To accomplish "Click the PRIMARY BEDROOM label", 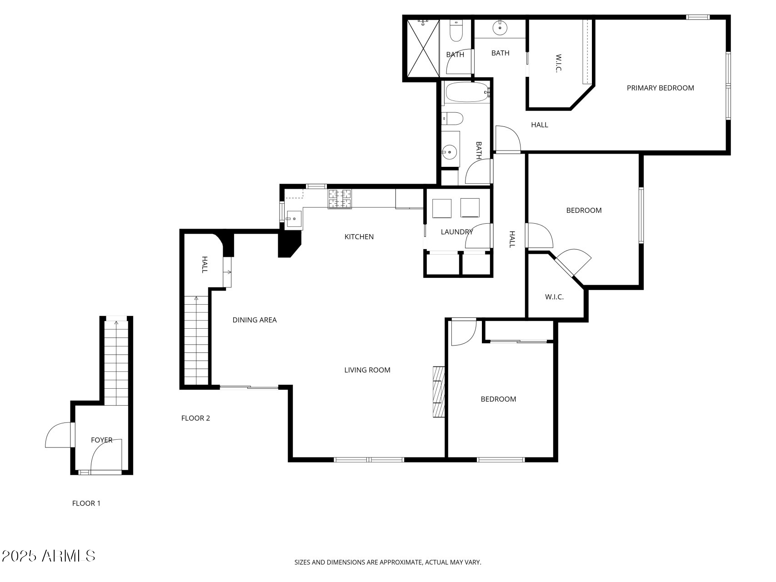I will click(660, 88).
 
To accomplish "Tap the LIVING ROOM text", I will click(367, 370).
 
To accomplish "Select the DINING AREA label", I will click(254, 320).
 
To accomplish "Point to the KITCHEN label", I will click(359, 237).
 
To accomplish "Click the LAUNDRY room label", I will click(456, 232).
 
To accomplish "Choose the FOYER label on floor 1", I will click(101, 440).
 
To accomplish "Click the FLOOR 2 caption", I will click(195, 418).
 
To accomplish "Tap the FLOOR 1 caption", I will click(86, 503).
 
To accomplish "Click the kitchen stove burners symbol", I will click(340, 199).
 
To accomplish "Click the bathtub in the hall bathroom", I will click(466, 92).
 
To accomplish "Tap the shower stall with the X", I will click(423, 48).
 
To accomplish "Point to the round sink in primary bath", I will click(500, 28).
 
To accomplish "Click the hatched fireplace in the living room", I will click(438, 391).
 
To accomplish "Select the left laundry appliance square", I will click(441, 208).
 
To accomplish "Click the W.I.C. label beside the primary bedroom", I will click(559, 63).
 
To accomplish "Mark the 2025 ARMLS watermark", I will click(49, 556).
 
